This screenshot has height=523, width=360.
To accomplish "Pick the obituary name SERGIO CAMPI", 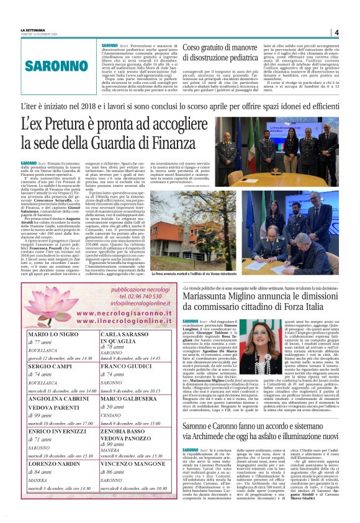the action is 48,368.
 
